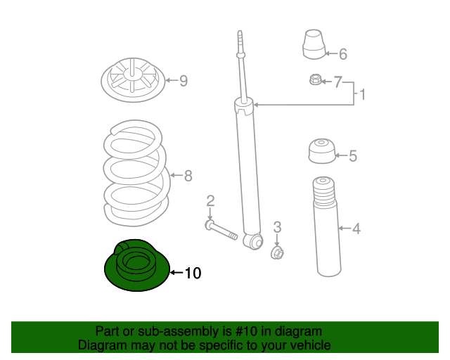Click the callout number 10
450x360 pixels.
(x=193, y=273)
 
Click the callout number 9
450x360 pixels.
(x=184, y=81)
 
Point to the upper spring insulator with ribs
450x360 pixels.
(x=133, y=80)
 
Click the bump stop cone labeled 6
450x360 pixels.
(x=314, y=44)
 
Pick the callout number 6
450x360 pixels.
(x=343, y=54)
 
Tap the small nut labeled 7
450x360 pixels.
(x=315, y=79)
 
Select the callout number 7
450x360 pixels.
(x=337, y=82)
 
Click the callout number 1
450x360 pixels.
(x=363, y=94)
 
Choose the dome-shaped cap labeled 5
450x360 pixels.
(x=322, y=151)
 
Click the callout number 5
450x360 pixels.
(x=353, y=156)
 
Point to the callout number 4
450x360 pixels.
(x=356, y=229)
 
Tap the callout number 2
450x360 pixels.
(x=210, y=201)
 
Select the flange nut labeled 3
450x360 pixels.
(x=277, y=253)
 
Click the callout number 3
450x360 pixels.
(x=277, y=227)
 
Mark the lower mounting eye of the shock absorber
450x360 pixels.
(x=254, y=241)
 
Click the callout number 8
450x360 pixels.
(x=188, y=176)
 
